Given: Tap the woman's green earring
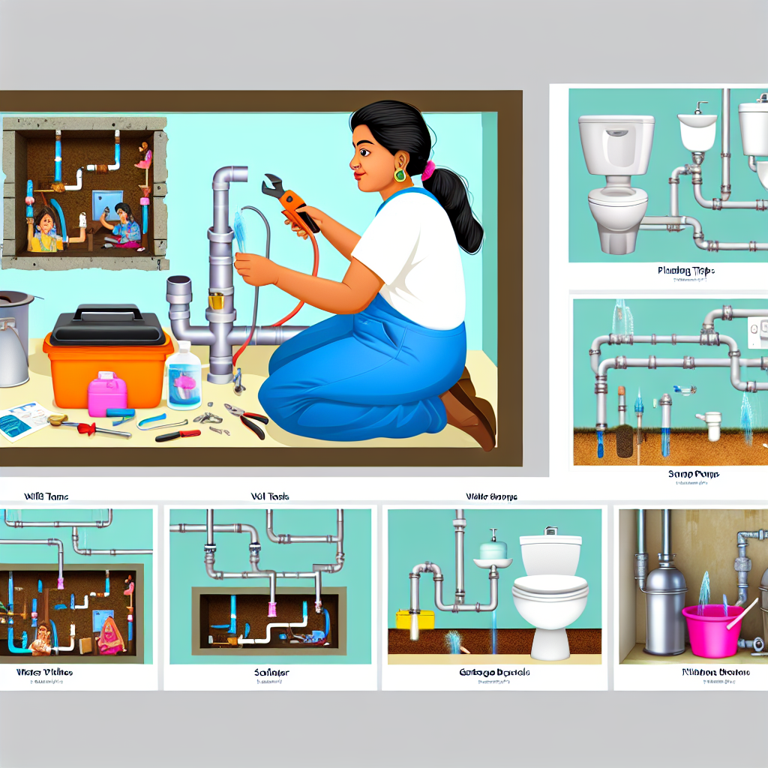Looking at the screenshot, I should pos(400,175).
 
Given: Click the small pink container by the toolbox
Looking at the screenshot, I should pos(107,394).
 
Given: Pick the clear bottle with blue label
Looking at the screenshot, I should pos(184,376).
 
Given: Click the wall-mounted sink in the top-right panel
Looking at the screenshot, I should pos(697,131).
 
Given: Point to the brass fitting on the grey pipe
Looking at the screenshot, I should pos(215,301).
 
